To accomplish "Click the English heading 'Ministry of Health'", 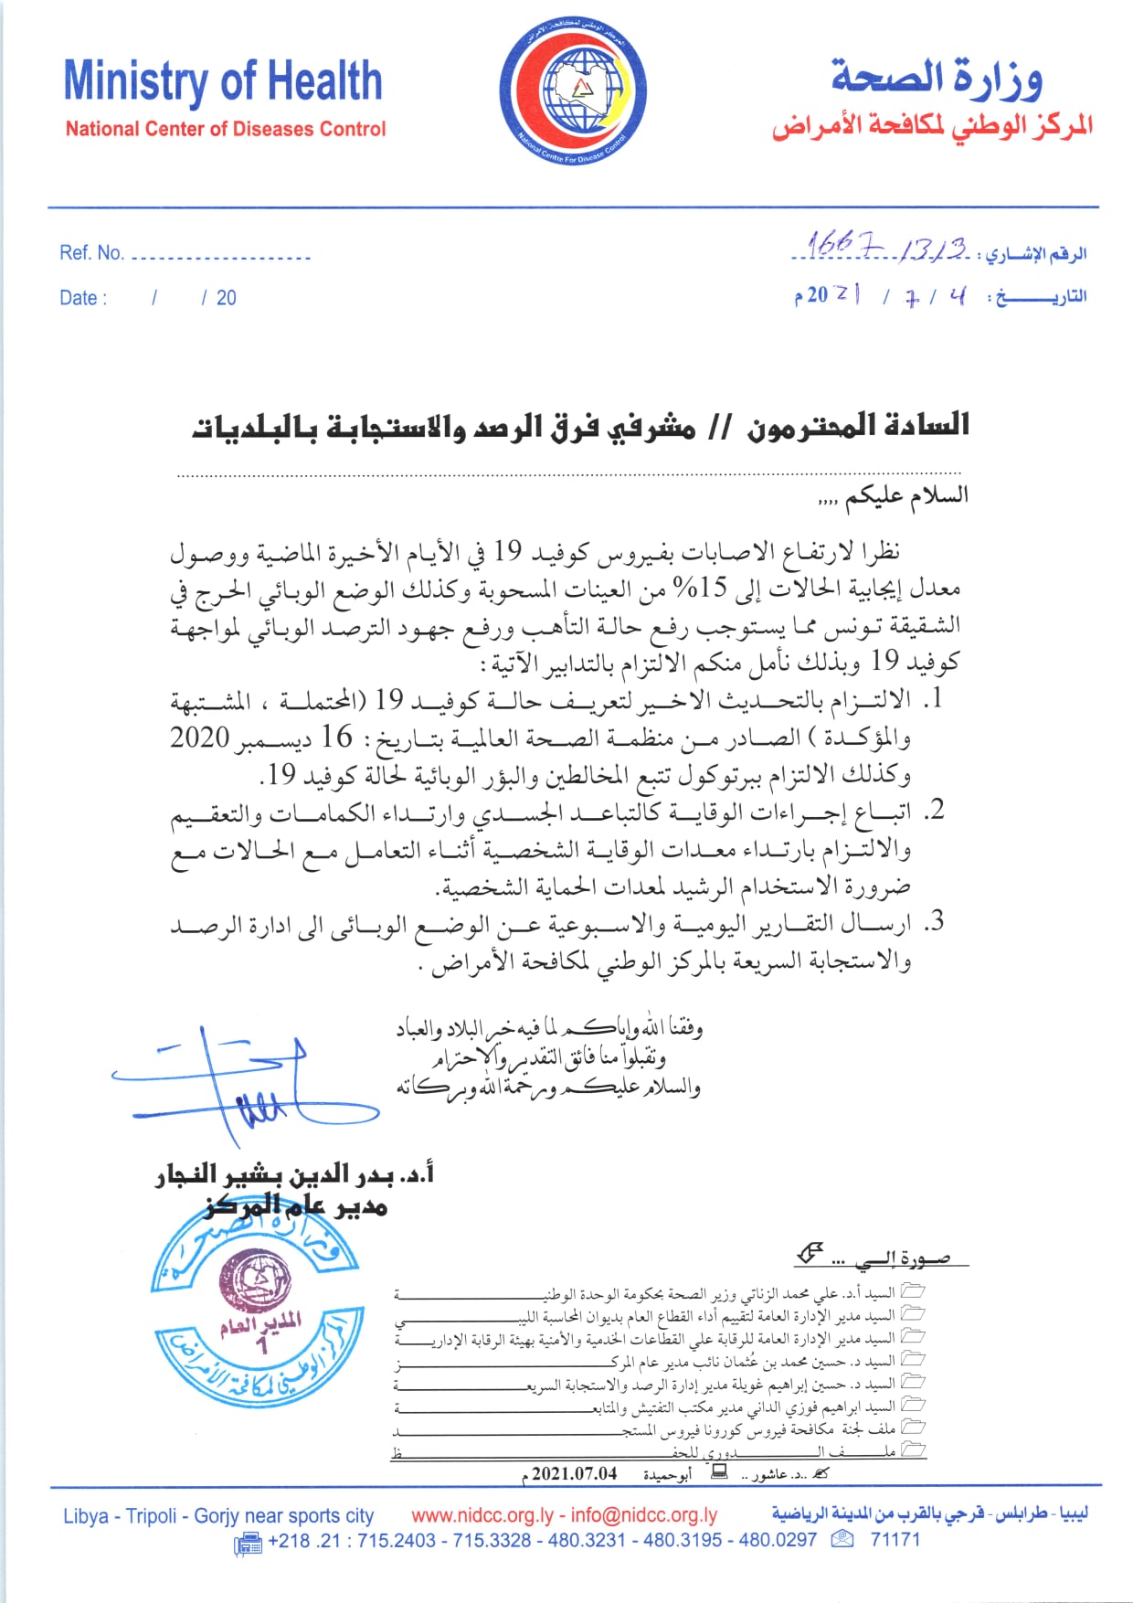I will (222, 82).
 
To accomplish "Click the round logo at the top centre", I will (573, 93).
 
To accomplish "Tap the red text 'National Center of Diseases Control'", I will (225, 129).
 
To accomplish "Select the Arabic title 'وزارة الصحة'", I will (937, 79).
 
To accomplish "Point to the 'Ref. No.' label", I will (91, 253).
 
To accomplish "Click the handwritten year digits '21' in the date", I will (847, 294).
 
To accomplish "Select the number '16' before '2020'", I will (336, 737).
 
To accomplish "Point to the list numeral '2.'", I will (933, 811).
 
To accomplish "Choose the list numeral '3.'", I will (933, 922).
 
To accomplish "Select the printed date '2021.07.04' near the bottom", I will (574, 1473).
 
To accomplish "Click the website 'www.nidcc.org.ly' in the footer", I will (482, 1515).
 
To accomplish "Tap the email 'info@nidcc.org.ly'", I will (644, 1515).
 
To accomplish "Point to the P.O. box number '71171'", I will (895, 1540).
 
